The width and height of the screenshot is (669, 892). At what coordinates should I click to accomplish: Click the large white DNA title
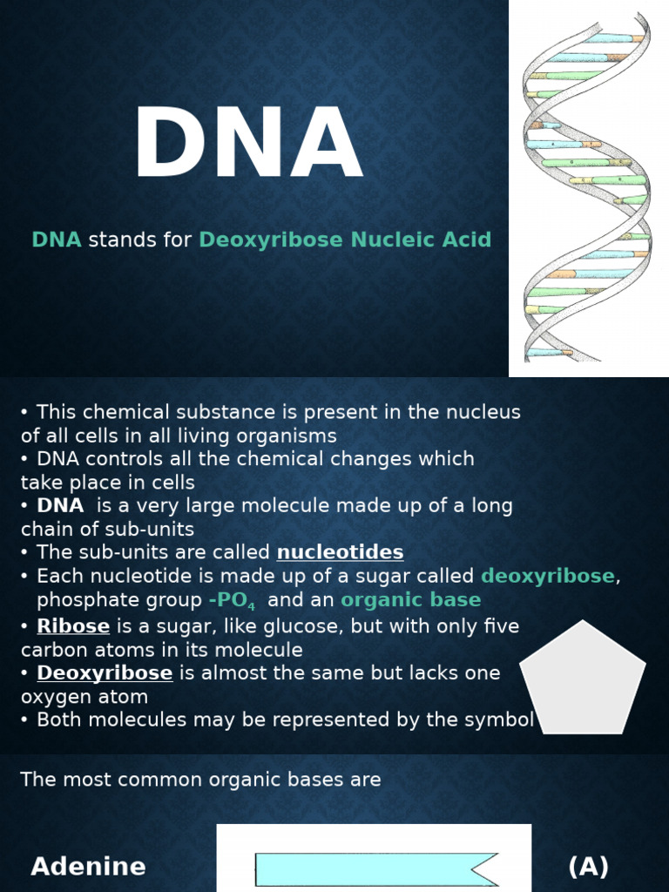247,145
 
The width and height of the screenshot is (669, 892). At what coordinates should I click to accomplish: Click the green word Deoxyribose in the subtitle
270,240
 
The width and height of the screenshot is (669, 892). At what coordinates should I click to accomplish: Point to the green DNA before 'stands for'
57,240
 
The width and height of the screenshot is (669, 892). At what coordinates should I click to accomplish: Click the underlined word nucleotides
340,552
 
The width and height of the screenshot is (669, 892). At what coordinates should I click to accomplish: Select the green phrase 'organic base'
410,600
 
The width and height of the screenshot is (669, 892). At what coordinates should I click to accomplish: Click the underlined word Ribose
73,626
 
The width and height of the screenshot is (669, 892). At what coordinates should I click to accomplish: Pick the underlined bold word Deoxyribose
105,673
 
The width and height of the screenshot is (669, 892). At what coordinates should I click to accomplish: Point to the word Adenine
88,866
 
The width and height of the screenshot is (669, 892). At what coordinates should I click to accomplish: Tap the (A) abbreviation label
588,866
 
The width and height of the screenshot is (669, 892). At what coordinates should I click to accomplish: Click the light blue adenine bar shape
375,869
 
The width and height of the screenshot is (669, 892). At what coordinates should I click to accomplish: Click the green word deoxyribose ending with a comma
548,576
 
